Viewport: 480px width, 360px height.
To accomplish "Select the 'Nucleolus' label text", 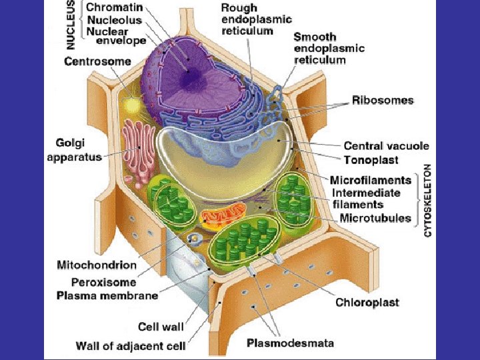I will click(x=113, y=19).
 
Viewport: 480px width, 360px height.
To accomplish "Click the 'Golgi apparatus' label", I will click(x=74, y=151).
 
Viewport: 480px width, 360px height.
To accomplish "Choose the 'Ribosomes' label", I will click(x=383, y=101).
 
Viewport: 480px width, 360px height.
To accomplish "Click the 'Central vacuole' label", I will click(x=386, y=146).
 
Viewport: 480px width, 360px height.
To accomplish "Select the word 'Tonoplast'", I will click(x=371, y=160).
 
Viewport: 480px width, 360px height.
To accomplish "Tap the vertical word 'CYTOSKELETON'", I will click(x=428, y=200).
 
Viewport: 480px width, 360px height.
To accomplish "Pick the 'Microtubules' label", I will click(x=375, y=218).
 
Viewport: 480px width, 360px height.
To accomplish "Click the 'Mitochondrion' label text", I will click(x=97, y=265).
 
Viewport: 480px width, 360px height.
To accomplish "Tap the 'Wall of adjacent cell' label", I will click(x=130, y=346).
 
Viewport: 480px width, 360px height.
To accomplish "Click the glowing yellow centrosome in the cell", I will click(x=132, y=105).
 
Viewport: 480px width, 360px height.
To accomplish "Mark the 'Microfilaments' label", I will click(x=371, y=180).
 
